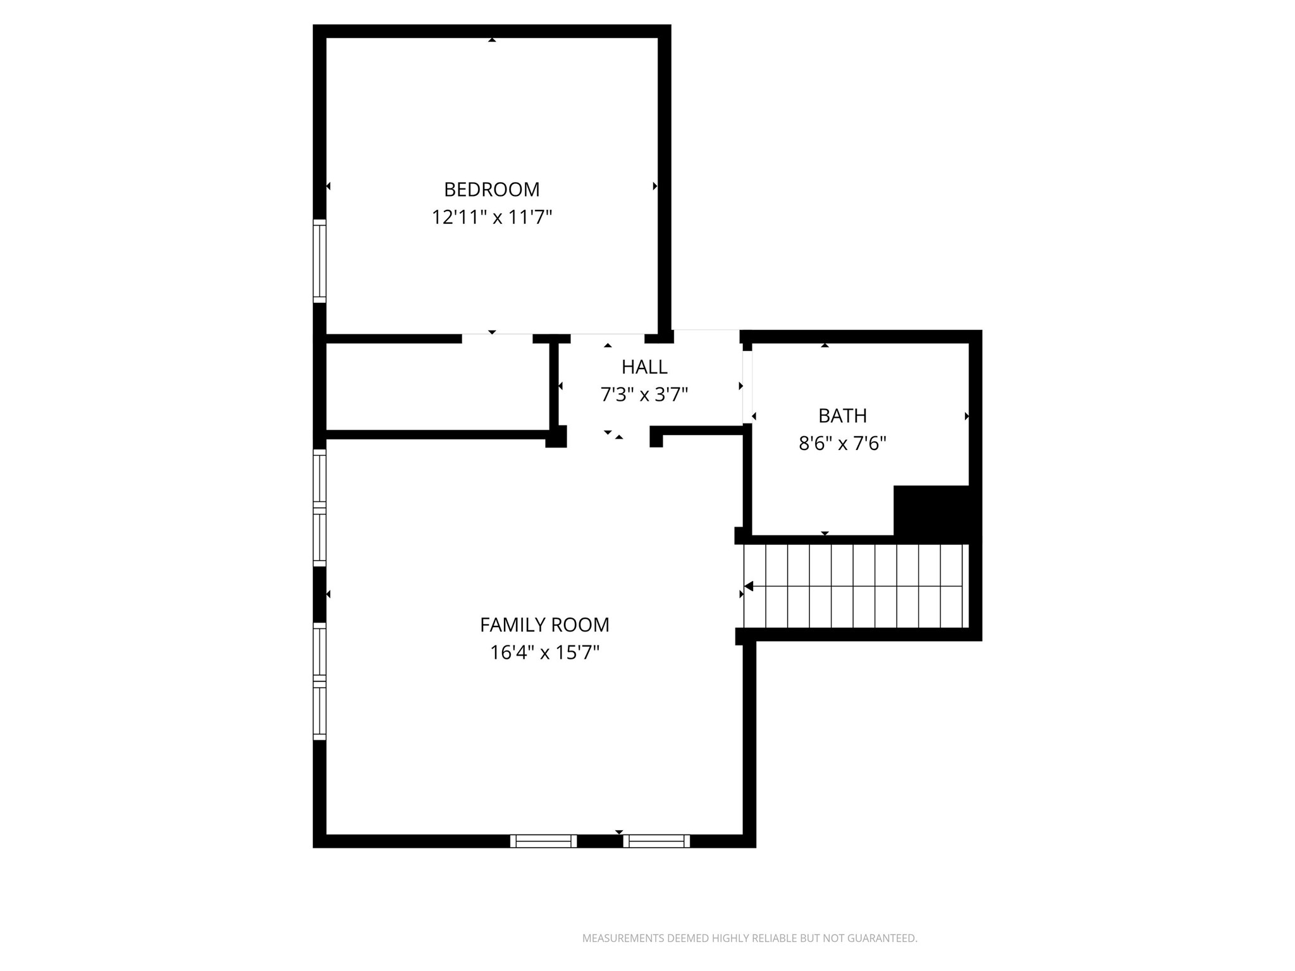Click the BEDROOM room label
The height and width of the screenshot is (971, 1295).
tap(491, 190)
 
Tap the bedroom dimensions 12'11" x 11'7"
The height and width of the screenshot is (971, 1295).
tap(491, 217)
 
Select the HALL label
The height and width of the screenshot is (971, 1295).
tap(644, 367)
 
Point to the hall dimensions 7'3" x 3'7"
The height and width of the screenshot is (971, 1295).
tap(644, 394)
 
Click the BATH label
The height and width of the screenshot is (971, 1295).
tap(842, 415)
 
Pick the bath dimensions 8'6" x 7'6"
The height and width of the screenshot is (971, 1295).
tap(842, 443)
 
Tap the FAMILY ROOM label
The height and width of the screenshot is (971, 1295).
tap(544, 625)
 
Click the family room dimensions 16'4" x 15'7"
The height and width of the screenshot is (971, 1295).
tap(544, 652)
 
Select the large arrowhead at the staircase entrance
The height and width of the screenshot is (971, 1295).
tap(749, 587)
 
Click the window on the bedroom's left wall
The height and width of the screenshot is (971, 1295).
tap(320, 261)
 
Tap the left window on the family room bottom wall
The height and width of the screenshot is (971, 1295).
tap(543, 841)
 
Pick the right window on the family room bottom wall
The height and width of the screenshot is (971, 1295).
tap(656, 841)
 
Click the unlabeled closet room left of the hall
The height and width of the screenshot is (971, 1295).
tap(436, 387)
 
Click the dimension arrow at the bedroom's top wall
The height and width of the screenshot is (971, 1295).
tap(492, 40)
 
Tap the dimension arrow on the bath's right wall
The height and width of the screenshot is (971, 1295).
tap(966, 416)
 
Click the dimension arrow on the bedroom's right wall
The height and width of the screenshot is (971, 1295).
tap(655, 186)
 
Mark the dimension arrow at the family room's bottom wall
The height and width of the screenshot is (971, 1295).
tap(619, 832)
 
